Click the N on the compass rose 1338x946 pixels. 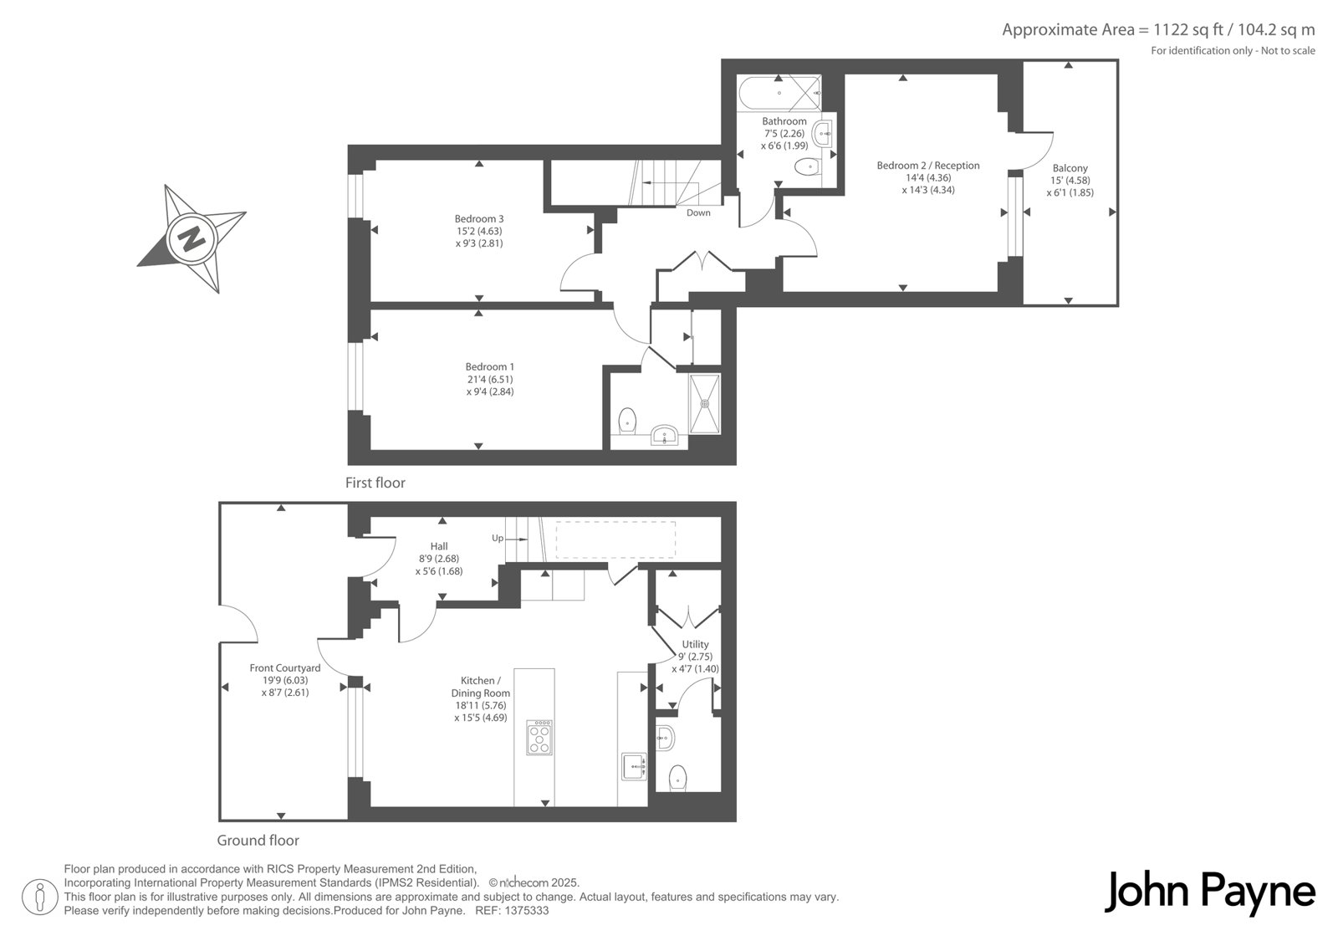click(x=192, y=240)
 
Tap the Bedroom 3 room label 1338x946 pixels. click(x=479, y=218)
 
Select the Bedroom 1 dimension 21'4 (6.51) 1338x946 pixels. click(x=489, y=380)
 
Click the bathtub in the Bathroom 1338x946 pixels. click(x=780, y=93)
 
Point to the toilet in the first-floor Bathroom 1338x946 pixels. click(x=808, y=166)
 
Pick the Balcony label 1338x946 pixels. click(x=1070, y=168)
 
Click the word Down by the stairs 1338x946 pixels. click(x=698, y=212)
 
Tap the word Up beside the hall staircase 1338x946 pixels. click(x=498, y=539)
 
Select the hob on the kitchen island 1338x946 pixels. click(x=539, y=738)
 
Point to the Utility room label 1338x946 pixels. click(x=695, y=644)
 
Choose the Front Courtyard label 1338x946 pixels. click(x=285, y=668)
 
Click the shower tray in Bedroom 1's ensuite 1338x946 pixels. click(x=705, y=403)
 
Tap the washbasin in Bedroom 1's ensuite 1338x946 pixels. click(x=664, y=434)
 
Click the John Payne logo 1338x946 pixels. click(x=1209, y=892)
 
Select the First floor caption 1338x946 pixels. click(x=375, y=483)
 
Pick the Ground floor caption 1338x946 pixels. click(x=258, y=841)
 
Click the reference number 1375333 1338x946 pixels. click(x=527, y=911)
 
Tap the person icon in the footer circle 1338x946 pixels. click(x=40, y=897)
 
